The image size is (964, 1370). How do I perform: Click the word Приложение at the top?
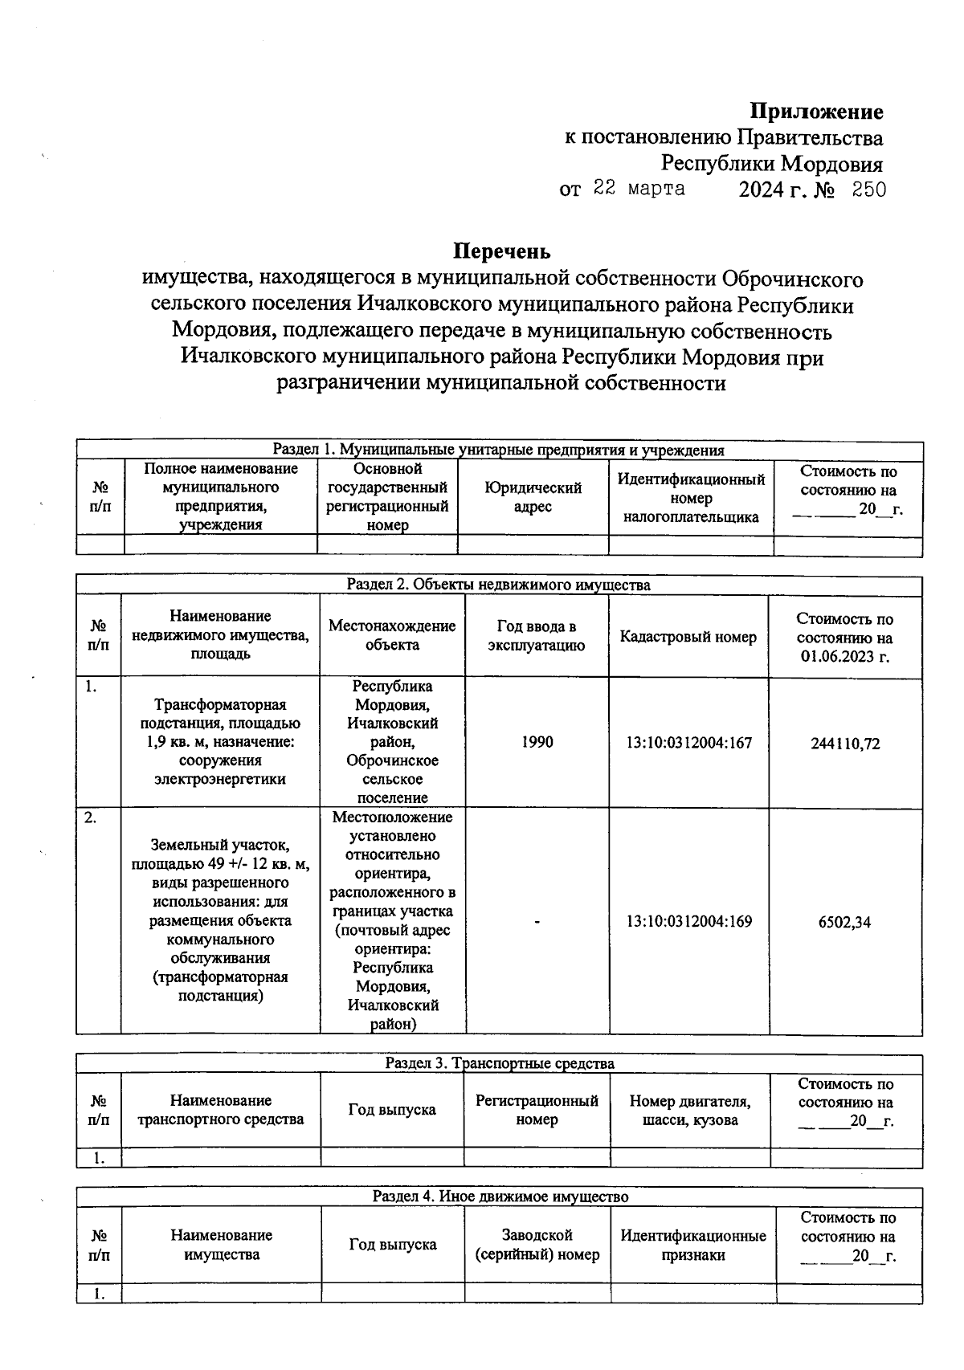[816, 112]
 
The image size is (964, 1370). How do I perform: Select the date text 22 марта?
[639, 189]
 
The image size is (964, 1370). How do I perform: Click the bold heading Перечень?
[502, 251]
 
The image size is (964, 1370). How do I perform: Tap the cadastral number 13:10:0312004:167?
[688, 743]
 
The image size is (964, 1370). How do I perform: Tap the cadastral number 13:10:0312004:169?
[688, 922]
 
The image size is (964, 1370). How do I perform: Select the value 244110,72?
[845, 744]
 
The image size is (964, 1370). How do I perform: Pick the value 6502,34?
[844, 922]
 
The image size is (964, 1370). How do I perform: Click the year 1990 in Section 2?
[537, 743]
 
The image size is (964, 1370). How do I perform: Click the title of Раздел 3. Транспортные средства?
[499, 1063]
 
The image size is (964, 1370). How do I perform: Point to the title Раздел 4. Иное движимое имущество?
[500, 1197]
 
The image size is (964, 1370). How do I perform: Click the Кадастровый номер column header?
[688, 637]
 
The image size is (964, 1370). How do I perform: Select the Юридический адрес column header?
[533, 497]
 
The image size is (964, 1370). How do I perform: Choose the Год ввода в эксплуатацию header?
[536, 636]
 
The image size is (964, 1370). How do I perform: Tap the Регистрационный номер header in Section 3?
[537, 1110]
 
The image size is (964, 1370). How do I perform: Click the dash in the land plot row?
[537, 922]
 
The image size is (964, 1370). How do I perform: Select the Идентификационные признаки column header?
[692, 1245]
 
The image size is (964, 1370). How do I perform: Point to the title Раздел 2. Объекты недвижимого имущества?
[498, 585]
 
